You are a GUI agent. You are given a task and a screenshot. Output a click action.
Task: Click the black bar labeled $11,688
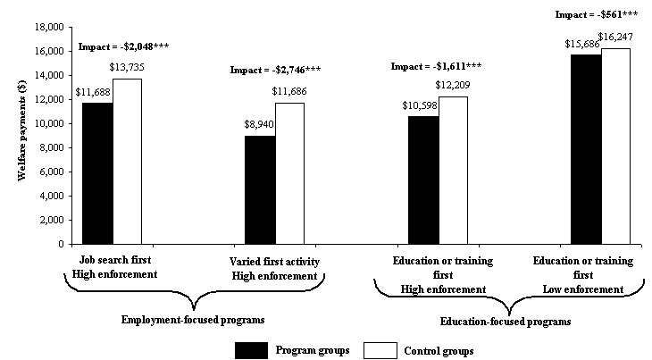97,172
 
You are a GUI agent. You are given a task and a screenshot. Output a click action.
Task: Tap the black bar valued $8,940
260,189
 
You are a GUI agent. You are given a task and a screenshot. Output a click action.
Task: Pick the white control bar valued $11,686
289,172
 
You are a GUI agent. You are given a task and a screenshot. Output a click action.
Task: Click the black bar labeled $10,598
422,180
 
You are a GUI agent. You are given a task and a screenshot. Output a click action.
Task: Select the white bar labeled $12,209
452,170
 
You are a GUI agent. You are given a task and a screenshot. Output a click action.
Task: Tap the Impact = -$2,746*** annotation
275,70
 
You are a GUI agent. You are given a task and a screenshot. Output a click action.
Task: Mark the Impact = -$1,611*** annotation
438,66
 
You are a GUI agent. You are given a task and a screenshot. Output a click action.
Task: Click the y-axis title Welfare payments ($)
21,134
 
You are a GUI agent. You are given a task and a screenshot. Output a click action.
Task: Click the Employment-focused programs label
194,318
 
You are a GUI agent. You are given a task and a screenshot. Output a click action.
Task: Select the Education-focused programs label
506,320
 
